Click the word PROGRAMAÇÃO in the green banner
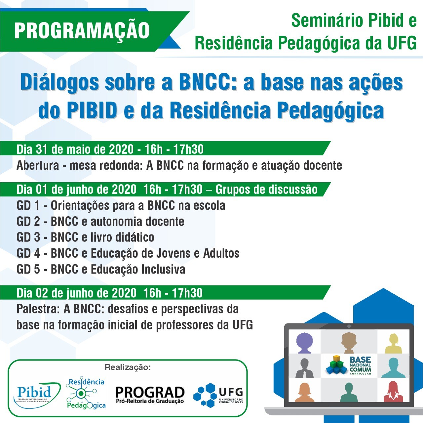(82, 31)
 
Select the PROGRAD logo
(150, 395)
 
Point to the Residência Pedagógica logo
(86, 394)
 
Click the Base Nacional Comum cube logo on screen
(336, 365)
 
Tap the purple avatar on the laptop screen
(304, 342)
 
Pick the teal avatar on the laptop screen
(393, 367)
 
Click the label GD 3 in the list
(28, 237)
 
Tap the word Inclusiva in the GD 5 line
(163, 269)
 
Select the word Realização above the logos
(128, 367)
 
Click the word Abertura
(38, 165)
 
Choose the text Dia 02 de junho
(58, 293)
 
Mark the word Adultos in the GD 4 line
(221, 253)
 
